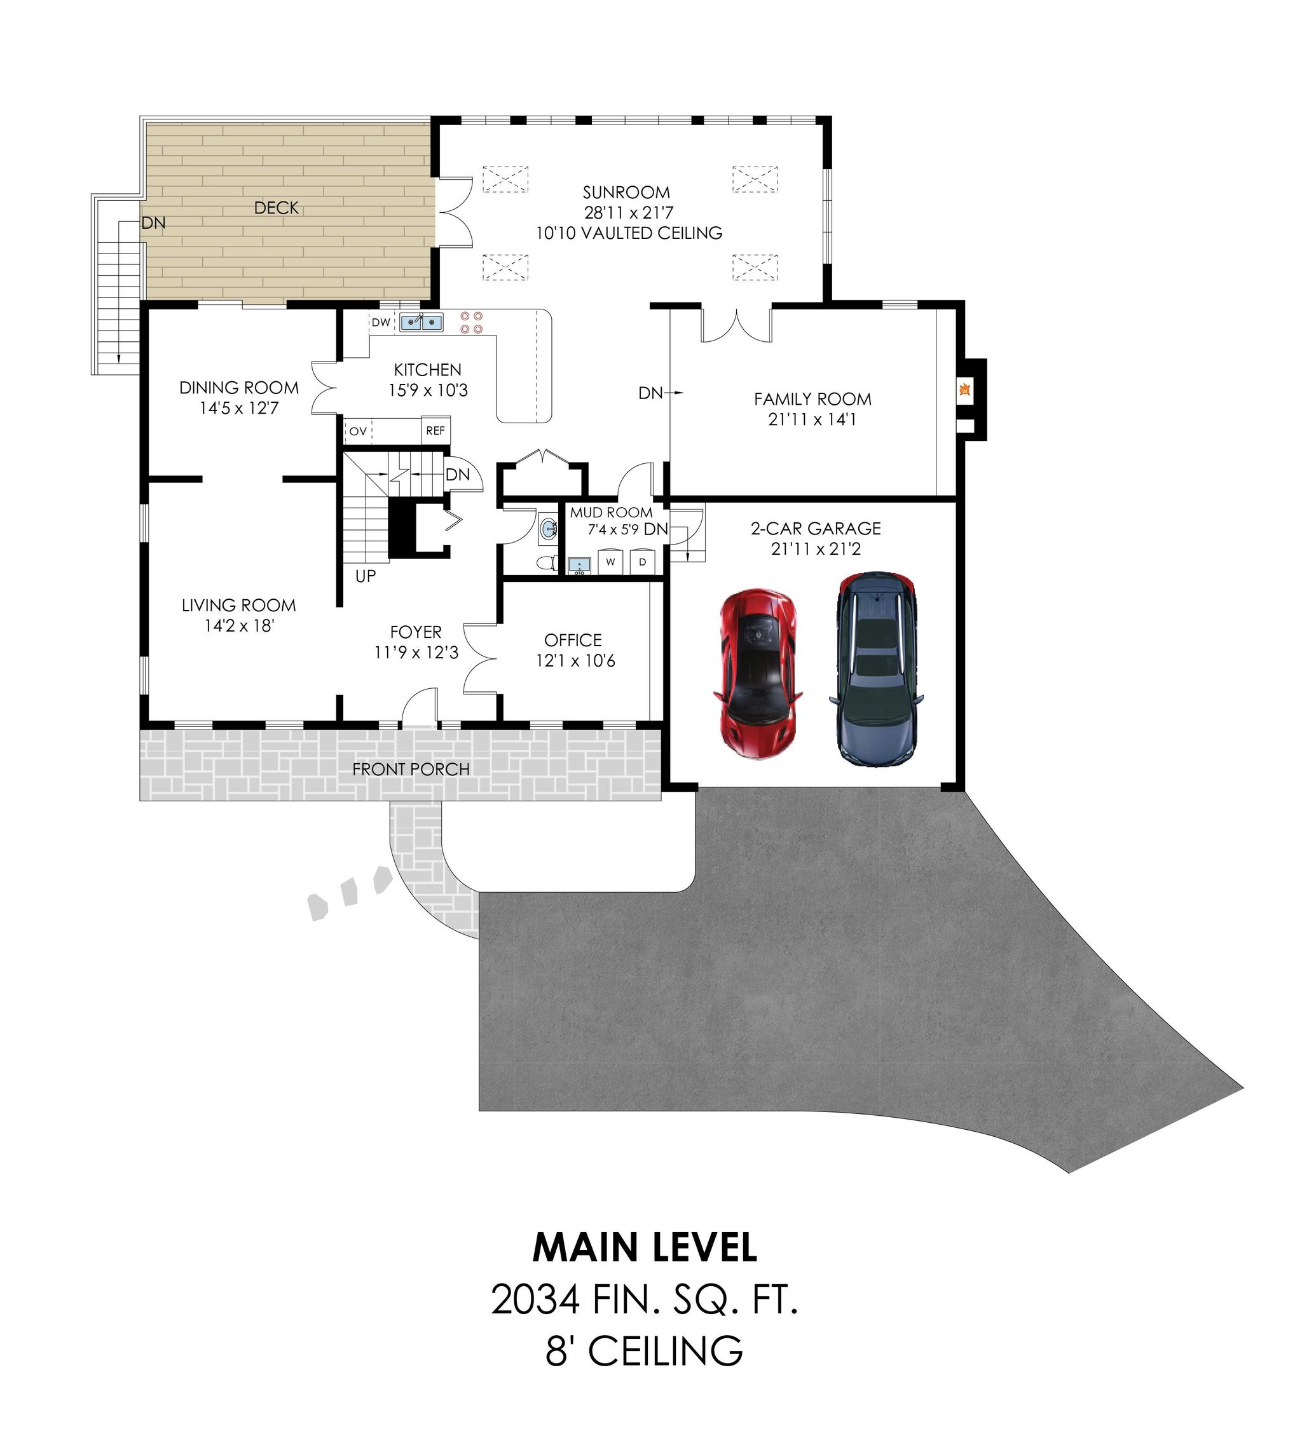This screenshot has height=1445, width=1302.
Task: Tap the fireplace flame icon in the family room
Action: click(x=964, y=390)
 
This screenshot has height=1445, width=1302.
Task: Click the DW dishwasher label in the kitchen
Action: click(x=381, y=322)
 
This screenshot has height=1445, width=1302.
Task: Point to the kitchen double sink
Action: click(x=421, y=322)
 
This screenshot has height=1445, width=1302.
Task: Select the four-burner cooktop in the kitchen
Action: click(x=472, y=322)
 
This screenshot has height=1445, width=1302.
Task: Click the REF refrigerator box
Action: click(x=435, y=430)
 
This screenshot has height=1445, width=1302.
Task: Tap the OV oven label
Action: click(x=358, y=431)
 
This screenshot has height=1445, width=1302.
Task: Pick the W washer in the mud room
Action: click(x=610, y=562)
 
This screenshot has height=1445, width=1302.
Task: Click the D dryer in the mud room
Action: click(x=642, y=562)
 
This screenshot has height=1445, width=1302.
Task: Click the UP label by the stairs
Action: click(x=365, y=576)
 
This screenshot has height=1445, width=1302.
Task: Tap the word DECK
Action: click(x=276, y=208)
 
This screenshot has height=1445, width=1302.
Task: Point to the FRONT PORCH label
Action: click(x=411, y=770)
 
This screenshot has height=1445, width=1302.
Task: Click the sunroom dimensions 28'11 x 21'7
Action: click(x=628, y=212)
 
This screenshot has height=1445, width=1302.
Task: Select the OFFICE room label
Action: click(x=572, y=640)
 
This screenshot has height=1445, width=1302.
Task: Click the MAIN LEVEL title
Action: click(x=644, y=1247)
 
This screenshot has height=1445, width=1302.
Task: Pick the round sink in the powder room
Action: click(x=548, y=529)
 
